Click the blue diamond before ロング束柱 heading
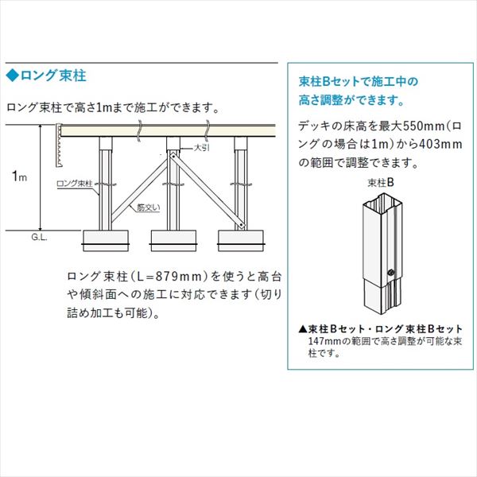coord(13,76)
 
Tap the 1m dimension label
coord(19,176)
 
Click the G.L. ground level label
coord(39,237)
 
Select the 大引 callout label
coord(202,148)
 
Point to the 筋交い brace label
coord(148,207)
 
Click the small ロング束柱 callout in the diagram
coord(74,184)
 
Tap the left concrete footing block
coord(105,241)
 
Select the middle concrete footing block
coord(173,241)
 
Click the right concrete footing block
coord(241,241)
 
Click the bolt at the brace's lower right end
coord(241,225)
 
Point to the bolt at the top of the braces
coord(173,156)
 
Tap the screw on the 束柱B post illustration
coord(391,273)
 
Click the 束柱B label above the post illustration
coord(381,183)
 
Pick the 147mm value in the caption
coord(325,341)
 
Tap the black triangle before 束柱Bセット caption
coord(303,329)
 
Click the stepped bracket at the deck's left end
coord(59,145)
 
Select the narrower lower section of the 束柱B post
coord(382,294)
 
